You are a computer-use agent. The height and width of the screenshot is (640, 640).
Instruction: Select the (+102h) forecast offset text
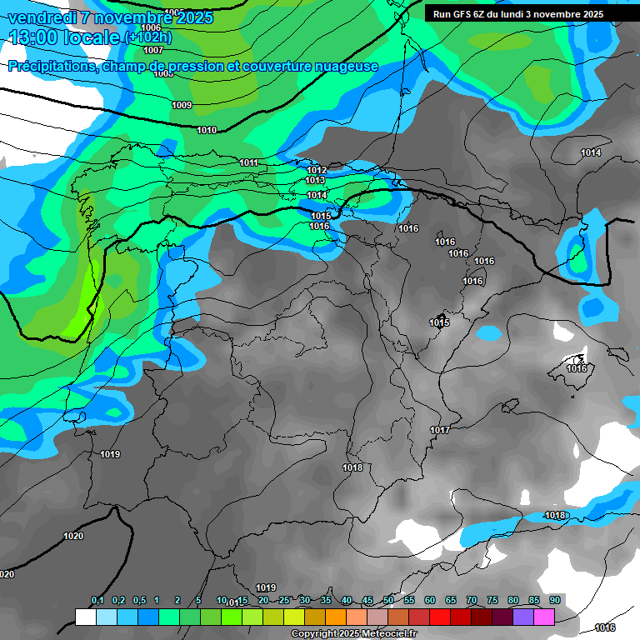147,37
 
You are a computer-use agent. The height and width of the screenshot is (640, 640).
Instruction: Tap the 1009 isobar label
182,105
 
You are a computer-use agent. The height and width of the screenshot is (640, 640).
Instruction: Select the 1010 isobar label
207,130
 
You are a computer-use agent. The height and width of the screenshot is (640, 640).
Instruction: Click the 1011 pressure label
248,162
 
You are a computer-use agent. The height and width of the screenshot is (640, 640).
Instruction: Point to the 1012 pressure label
317,170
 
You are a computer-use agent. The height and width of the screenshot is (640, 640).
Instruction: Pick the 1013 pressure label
315,181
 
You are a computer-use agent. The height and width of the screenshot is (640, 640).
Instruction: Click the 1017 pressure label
440,430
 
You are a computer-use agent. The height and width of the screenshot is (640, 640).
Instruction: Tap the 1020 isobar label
73,536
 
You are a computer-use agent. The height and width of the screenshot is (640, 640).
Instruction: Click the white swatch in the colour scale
85,617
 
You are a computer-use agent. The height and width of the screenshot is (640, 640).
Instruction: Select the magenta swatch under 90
544,617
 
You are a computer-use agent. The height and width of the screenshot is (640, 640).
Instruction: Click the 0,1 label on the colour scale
97,601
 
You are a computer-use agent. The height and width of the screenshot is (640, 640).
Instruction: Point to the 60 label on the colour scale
430,601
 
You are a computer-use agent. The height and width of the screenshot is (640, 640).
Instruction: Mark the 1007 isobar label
153,51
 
